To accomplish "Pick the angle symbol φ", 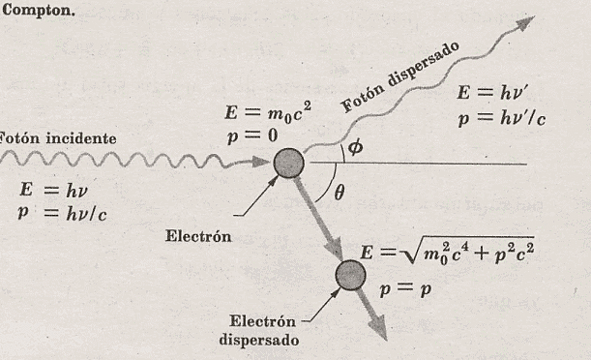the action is [355, 148].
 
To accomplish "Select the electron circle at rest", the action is [288, 164].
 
